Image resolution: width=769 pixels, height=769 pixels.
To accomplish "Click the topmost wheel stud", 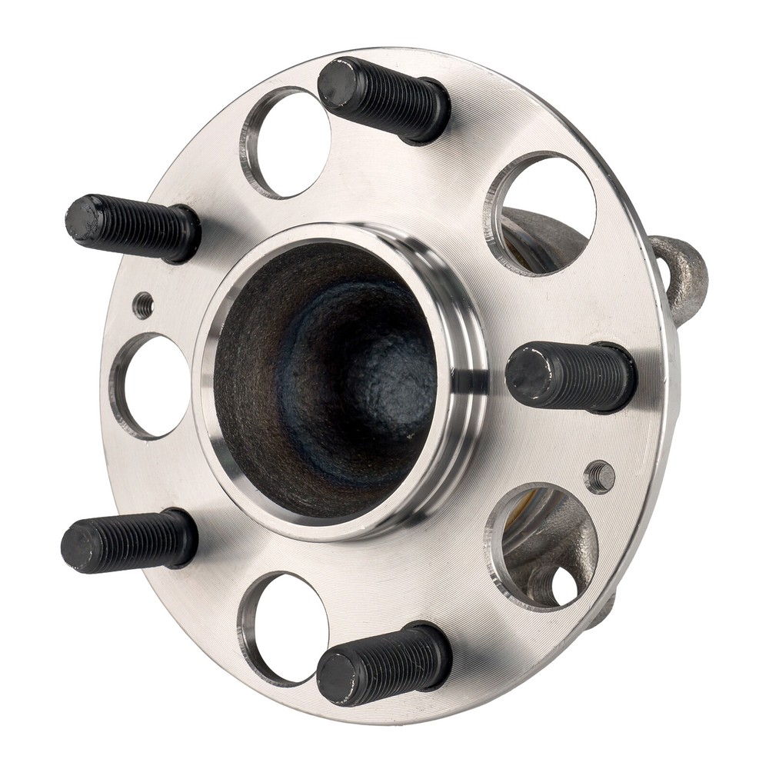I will click(x=384, y=98).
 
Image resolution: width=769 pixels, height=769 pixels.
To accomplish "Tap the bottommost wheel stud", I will click(x=384, y=663).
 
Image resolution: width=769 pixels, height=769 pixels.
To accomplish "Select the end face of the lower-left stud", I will click(x=81, y=545).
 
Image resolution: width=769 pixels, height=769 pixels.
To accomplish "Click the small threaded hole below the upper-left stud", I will click(x=143, y=305).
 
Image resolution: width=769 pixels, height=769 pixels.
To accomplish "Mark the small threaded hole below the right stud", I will click(x=600, y=477).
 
